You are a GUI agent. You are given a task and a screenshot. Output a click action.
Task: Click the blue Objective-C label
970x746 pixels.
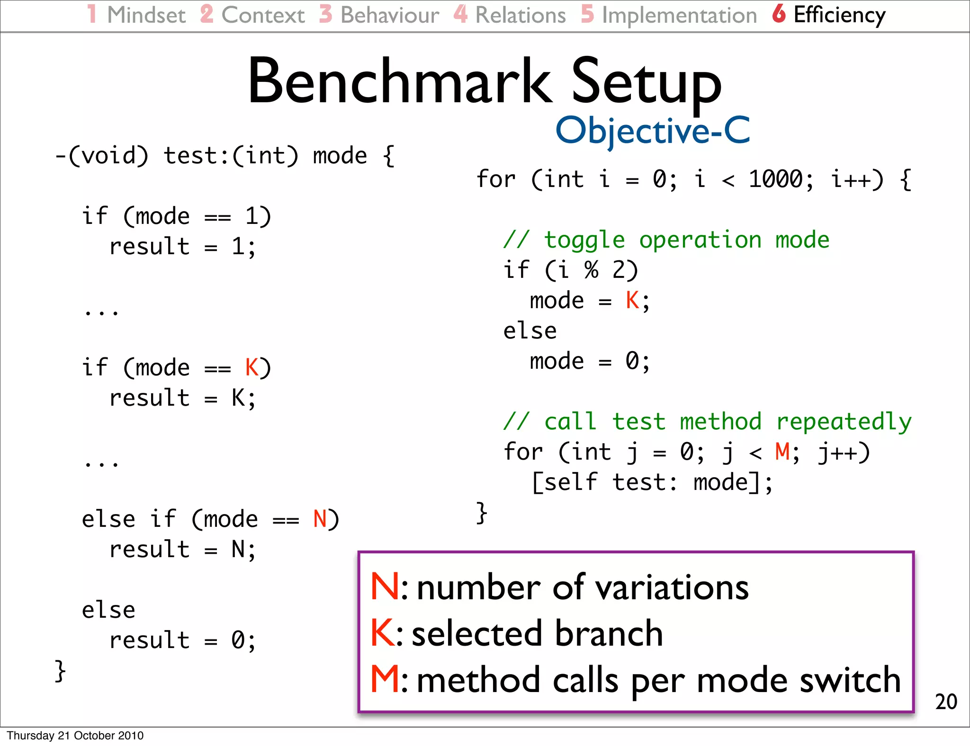[x=653, y=131]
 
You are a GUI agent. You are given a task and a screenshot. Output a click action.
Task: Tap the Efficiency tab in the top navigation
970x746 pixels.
[x=839, y=15]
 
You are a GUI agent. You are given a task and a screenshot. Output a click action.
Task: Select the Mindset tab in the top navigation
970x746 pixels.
[x=146, y=15]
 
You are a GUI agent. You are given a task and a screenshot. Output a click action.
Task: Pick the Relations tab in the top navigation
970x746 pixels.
[x=520, y=15]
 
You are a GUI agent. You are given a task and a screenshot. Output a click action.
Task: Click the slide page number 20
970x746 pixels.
[x=946, y=702]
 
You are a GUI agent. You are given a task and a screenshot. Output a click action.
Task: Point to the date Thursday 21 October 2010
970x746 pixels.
[x=75, y=736]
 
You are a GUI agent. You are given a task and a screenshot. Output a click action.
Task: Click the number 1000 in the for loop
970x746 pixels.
[x=775, y=179]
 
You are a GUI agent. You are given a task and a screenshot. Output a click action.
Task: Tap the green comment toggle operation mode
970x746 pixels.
[x=666, y=240]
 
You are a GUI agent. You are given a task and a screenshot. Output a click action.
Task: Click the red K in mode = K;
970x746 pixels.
[x=632, y=301]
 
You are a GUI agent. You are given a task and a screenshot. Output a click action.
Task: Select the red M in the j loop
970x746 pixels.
[x=782, y=452]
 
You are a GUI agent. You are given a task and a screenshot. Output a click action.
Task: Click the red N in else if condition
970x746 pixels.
[x=320, y=519]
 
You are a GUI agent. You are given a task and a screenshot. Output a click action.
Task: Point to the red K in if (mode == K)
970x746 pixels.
[x=251, y=368]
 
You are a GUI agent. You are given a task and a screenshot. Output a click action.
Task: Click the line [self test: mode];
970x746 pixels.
[x=652, y=482]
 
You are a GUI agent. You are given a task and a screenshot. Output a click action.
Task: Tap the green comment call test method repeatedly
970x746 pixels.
[x=707, y=422]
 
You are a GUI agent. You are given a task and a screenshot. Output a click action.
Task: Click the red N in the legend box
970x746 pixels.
[x=385, y=587]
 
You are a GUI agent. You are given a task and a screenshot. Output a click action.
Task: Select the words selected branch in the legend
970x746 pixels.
[x=537, y=633]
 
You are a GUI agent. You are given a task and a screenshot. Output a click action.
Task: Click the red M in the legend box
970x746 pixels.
[x=385, y=680]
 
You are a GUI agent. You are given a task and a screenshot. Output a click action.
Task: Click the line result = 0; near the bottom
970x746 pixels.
[x=183, y=640]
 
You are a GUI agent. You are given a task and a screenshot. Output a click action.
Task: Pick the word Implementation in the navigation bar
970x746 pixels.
[x=679, y=15]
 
